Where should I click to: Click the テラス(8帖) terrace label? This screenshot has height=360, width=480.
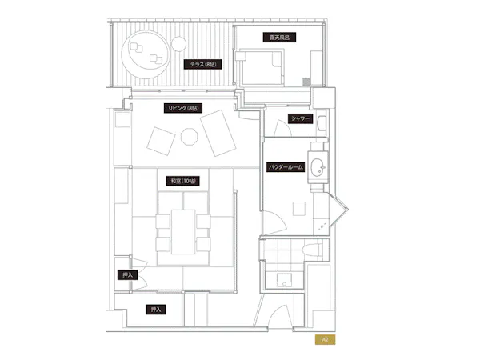202,64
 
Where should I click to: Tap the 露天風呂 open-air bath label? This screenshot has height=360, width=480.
279,38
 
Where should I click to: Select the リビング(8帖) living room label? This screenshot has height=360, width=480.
183,108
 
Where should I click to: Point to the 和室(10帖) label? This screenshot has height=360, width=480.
183,181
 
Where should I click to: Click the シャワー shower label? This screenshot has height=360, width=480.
300,118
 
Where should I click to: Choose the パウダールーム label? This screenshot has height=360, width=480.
286,167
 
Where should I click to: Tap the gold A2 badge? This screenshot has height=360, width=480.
325,339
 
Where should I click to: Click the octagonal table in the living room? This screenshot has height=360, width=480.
189,137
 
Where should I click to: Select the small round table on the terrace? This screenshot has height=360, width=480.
178,44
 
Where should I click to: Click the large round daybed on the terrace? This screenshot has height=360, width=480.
145,54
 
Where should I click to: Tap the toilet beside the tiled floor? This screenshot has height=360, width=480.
312,249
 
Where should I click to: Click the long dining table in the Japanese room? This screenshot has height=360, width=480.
183,232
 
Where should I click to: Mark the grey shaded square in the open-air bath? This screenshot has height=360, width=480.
306,82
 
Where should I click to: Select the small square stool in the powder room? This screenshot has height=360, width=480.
298,209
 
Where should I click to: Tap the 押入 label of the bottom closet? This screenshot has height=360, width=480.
156,310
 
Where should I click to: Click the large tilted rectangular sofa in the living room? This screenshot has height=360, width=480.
218,133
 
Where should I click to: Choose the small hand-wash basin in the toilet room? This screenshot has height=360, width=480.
284,280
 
